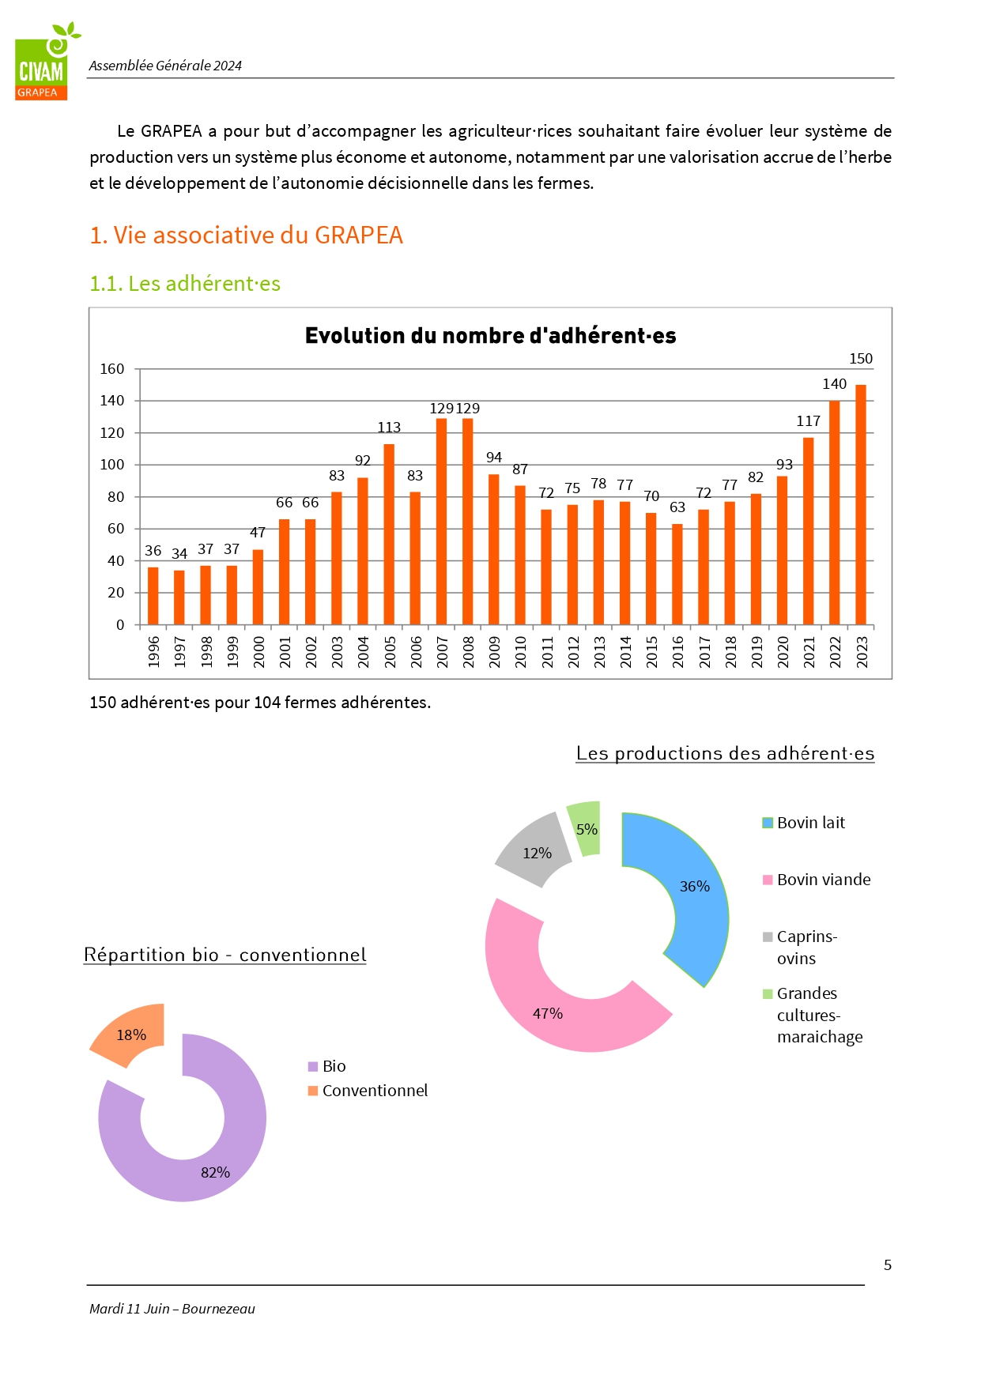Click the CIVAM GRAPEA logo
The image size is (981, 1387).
tap(47, 62)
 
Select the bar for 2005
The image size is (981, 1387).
tap(389, 534)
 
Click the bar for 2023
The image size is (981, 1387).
tap(861, 505)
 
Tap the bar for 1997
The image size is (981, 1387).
tap(179, 597)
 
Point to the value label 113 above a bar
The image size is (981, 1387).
tap(389, 428)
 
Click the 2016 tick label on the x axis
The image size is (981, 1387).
tap(677, 652)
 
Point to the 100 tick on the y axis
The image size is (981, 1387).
tap(112, 465)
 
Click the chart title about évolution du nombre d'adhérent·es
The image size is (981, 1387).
tap(491, 336)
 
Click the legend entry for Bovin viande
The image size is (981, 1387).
tap(817, 880)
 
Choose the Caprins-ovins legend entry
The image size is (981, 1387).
tap(800, 948)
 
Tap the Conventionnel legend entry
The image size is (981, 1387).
tap(368, 1091)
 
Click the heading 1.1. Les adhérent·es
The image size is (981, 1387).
tap(185, 284)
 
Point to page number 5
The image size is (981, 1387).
tap(888, 1265)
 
